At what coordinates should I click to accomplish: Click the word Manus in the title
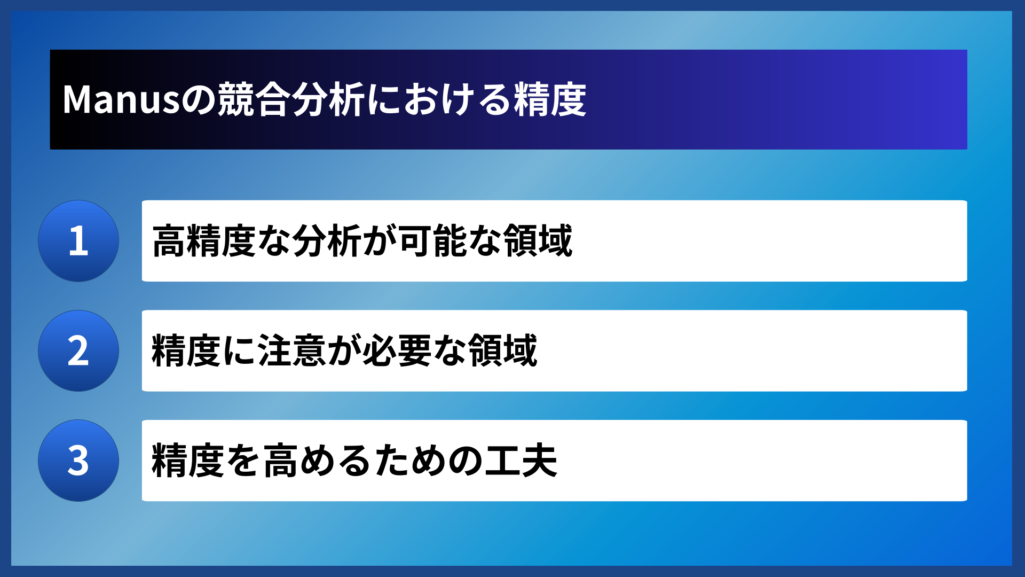point(121,100)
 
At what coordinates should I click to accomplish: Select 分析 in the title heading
point(328,100)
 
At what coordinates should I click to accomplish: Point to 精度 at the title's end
point(550,100)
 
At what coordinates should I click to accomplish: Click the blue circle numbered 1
point(78,241)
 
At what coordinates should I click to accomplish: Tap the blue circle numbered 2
point(78,351)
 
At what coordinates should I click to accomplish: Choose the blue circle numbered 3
point(78,461)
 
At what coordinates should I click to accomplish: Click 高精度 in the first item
point(204,241)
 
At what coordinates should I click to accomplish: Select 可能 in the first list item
point(433,241)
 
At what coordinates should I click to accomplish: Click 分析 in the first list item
point(327,241)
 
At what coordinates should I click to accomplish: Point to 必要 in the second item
point(397,351)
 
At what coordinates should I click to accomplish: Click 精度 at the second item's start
point(186,351)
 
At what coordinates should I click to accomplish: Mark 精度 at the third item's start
point(186,461)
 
